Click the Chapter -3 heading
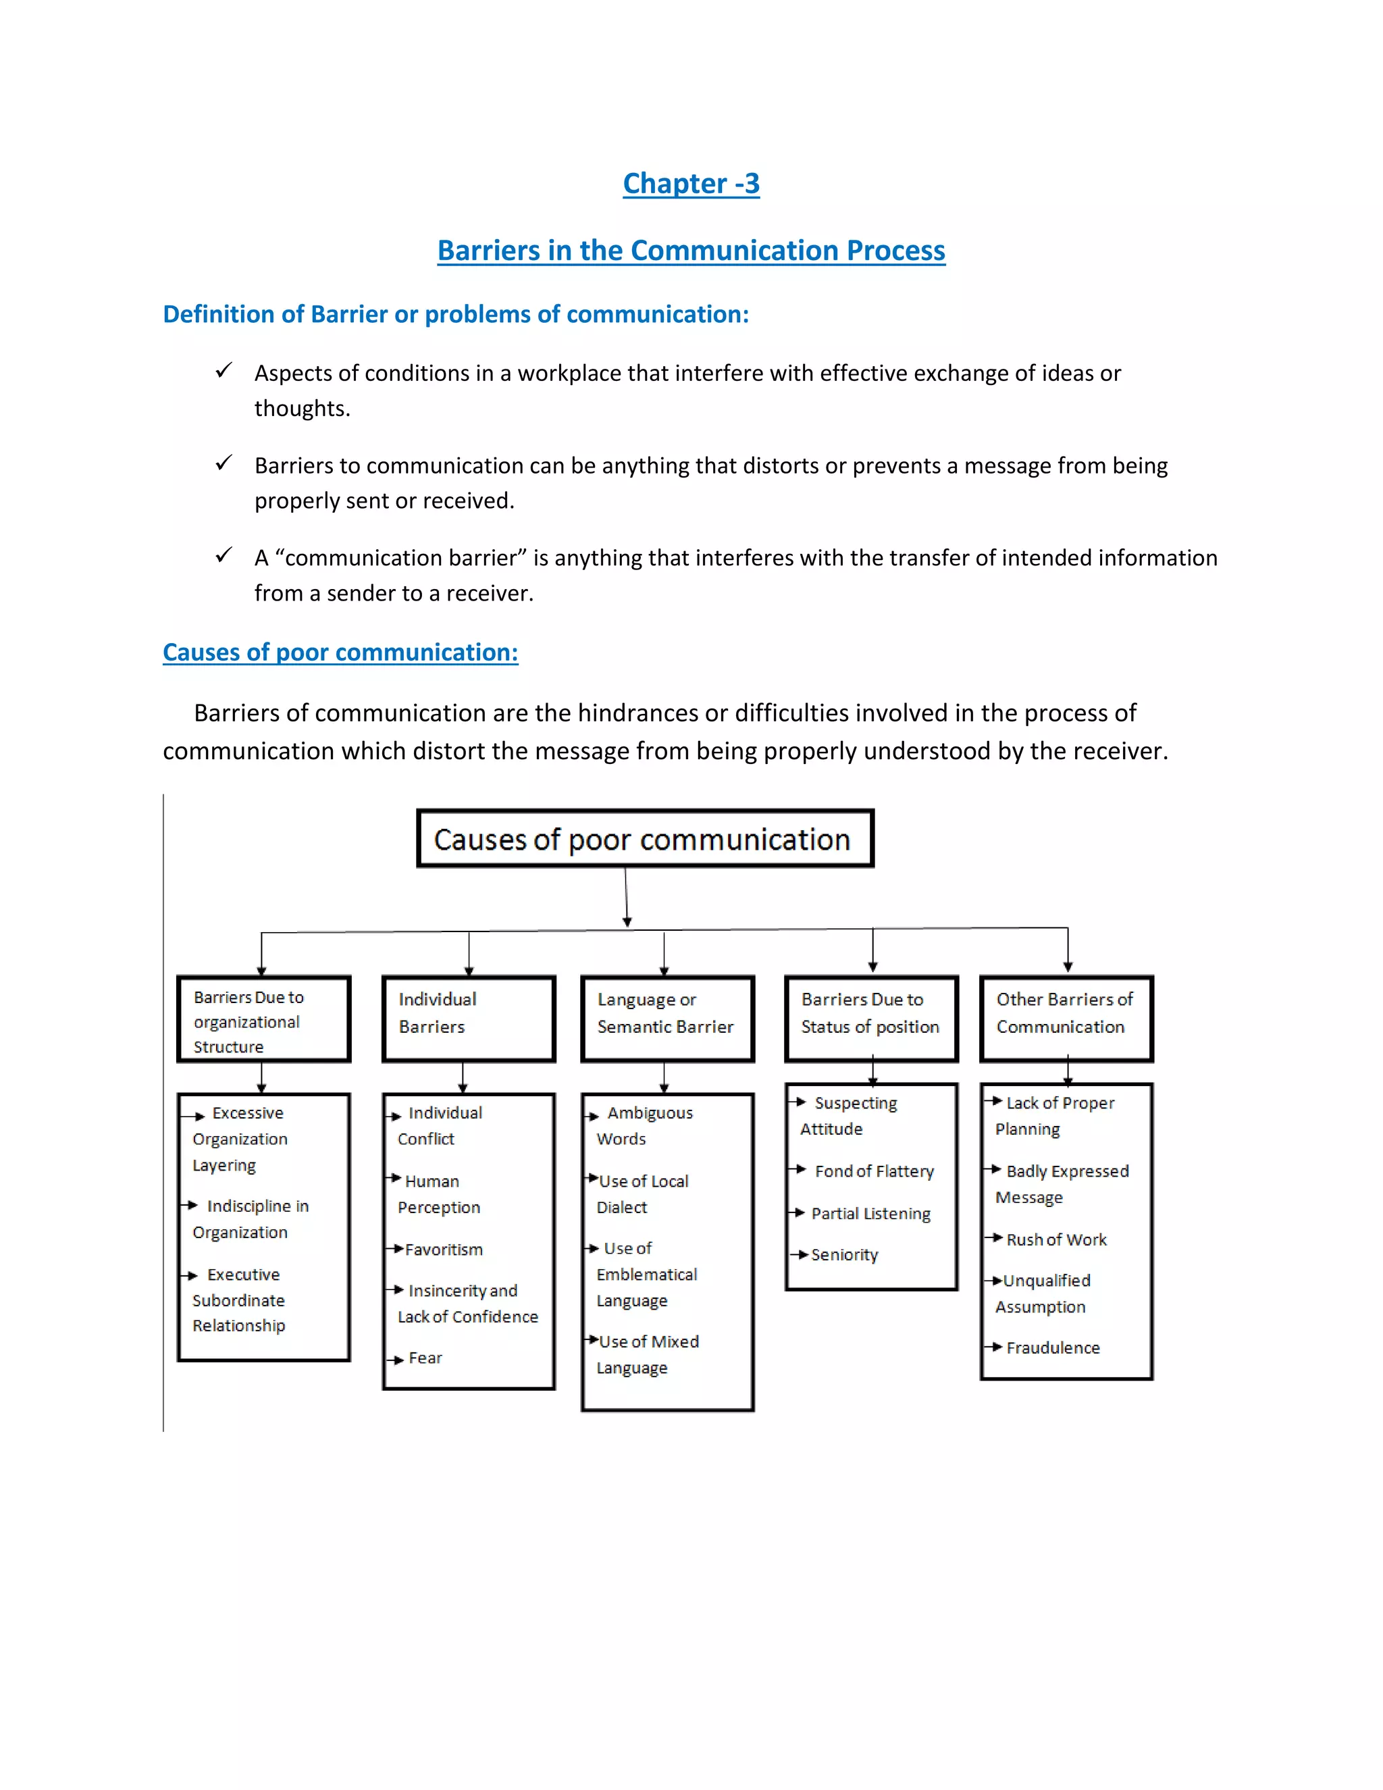click(691, 184)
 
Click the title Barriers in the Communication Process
click(691, 250)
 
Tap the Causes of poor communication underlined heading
click(340, 653)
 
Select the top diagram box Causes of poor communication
click(645, 838)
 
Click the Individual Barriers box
click(469, 1019)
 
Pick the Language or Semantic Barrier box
click(667, 1019)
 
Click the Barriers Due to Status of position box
click(871, 1019)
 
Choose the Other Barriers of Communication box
click(1066, 1019)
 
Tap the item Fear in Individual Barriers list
click(425, 1358)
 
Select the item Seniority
click(844, 1255)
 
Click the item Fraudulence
click(1053, 1348)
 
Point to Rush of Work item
click(1056, 1239)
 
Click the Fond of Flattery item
click(875, 1171)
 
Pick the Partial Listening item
click(871, 1214)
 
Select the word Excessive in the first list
click(247, 1113)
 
